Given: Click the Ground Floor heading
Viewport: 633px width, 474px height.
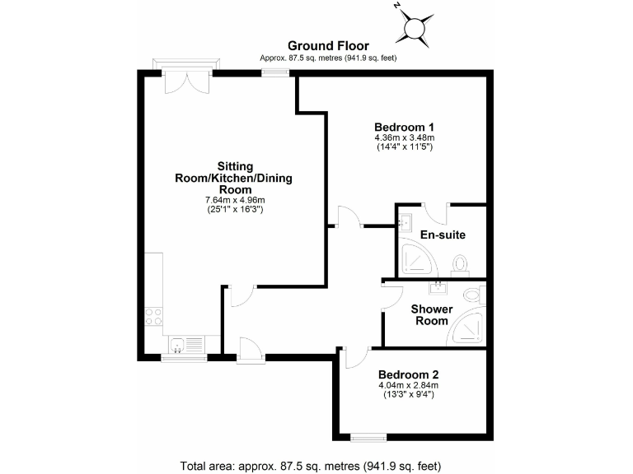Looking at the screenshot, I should pyautogui.click(x=328, y=46).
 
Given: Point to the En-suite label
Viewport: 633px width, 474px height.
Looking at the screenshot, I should pyautogui.click(x=443, y=235).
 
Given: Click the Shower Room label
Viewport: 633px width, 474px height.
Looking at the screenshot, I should pyautogui.click(x=432, y=314).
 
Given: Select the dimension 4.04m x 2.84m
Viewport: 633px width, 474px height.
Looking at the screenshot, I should pyautogui.click(x=408, y=385).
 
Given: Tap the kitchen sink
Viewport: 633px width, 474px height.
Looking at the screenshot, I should pyautogui.click(x=184, y=344).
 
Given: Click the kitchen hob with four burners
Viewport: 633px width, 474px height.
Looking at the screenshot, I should pyautogui.click(x=153, y=315).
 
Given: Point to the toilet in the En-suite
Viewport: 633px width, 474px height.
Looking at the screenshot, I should pyautogui.click(x=460, y=263).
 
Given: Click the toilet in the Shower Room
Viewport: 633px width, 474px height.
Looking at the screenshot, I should pyautogui.click(x=472, y=294).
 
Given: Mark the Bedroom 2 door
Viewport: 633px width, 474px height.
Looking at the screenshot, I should pyautogui.click(x=353, y=356).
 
